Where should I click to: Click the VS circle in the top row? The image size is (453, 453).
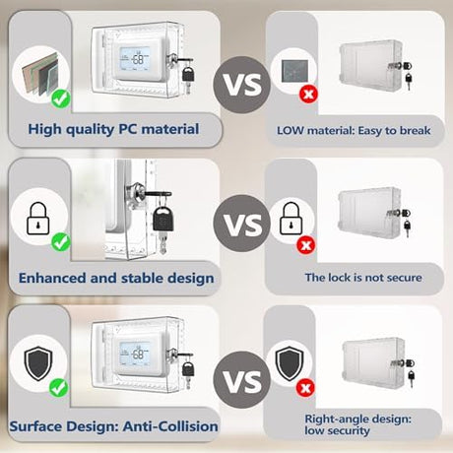241,85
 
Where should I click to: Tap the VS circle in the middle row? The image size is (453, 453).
241,224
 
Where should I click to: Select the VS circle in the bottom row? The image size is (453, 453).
241,380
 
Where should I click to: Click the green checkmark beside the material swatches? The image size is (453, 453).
61,98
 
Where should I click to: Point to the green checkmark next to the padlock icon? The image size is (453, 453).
61,242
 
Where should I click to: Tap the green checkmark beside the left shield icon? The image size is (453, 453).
59,388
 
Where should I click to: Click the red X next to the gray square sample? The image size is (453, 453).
308,95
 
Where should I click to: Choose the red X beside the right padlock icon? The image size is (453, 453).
306,245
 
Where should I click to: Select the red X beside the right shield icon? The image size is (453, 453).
305,388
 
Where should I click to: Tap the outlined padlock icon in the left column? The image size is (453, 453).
38,219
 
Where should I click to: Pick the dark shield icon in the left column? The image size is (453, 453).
38,362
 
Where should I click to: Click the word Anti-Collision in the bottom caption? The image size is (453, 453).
170,426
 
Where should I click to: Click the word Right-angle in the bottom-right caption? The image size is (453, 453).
332,420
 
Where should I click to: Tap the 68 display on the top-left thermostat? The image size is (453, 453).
138,59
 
